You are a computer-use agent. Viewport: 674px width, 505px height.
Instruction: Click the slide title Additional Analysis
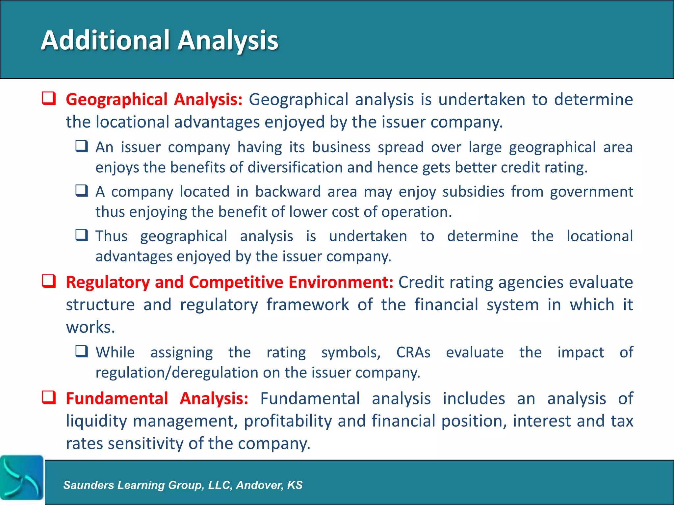click(160, 40)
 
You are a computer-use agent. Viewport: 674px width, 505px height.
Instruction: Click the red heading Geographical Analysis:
click(154, 100)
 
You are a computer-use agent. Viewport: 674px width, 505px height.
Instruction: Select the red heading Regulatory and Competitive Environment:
click(229, 282)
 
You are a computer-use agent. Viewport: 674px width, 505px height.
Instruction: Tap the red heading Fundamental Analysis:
click(157, 399)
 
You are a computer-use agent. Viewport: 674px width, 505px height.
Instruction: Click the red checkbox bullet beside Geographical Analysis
click(49, 99)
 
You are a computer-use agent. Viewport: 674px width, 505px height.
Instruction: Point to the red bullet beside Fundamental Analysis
click(49, 397)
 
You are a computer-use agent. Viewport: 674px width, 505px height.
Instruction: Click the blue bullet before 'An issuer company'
click(82, 146)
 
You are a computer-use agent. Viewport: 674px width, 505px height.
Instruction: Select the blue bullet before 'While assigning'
click(82, 351)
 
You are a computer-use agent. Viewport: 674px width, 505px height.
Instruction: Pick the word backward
click(288, 192)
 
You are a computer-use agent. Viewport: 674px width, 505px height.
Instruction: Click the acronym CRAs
click(413, 352)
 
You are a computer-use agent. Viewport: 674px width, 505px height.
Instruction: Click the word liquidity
click(96, 421)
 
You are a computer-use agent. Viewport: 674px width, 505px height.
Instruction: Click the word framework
click(307, 305)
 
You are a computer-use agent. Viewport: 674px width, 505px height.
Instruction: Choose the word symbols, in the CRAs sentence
click(351, 352)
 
